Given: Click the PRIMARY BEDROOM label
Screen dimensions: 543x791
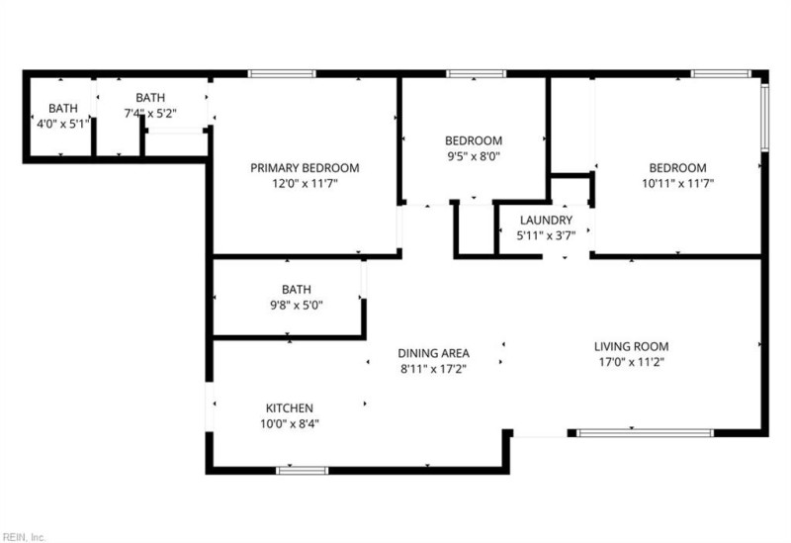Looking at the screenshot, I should (x=304, y=168).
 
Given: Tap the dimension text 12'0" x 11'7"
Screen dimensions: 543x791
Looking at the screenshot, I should (x=304, y=183).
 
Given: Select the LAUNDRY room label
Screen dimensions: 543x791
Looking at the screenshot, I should (x=546, y=220).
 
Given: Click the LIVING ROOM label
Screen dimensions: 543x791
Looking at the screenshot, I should (x=631, y=346).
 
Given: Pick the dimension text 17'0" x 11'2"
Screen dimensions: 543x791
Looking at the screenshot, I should (x=631, y=362).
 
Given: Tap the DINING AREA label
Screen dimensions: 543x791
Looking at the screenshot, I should (x=433, y=353).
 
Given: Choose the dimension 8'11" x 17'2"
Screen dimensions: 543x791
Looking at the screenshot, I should (x=433, y=369).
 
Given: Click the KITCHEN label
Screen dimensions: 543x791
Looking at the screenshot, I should (x=290, y=407).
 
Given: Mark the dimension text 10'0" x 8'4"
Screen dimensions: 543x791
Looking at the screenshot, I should (x=290, y=423).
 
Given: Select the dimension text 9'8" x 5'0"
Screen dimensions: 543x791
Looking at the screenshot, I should (x=296, y=305).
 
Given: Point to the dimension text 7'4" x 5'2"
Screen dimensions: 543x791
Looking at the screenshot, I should (x=150, y=114).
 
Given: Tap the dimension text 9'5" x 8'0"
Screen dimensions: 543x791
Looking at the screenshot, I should (x=473, y=155).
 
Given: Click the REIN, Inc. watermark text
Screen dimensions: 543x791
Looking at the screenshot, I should (x=24, y=536).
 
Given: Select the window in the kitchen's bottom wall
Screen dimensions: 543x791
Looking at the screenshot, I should (x=302, y=470).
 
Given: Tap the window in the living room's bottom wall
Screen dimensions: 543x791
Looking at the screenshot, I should (x=645, y=432).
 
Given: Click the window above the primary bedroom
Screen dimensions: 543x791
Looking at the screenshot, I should (x=282, y=73).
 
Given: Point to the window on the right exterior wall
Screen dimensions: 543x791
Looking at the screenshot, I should (x=763, y=117).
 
